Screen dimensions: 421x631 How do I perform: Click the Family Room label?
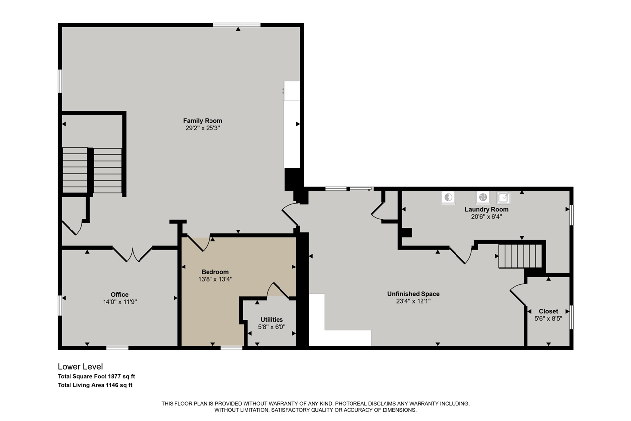pos(203,121)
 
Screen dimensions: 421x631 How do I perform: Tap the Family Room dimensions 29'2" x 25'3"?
pos(203,128)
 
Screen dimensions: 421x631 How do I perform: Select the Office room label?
pos(119,295)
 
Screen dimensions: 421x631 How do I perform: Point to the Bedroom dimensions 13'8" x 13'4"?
pos(215,279)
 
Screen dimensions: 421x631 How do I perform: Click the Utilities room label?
pos(272,320)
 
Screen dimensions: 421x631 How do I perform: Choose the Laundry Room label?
pos(487,209)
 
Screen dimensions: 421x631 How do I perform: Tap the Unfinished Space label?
pos(413,294)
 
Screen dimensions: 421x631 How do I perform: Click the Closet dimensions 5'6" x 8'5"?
pos(548,319)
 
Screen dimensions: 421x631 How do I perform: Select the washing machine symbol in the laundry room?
pos(448,197)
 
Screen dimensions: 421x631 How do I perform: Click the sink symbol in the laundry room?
pos(503,198)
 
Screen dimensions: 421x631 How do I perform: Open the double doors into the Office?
pos(132,254)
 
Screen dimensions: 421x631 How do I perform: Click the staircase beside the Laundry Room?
pos(520,256)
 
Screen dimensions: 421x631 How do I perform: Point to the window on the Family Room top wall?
pos(237,24)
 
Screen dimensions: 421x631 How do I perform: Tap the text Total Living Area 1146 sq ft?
pos(95,385)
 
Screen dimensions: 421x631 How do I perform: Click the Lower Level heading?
pos(80,366)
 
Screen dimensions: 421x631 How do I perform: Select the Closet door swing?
pos(518,294)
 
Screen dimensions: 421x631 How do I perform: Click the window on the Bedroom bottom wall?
pos(231,348)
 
